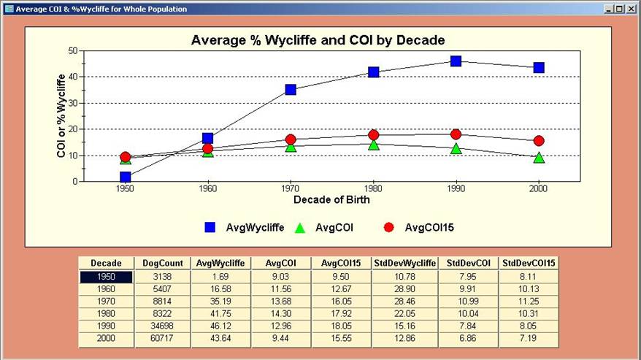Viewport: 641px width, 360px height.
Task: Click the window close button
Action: point(632,9)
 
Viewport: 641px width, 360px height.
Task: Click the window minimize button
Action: point(609,9)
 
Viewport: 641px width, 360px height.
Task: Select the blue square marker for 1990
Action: point(456,61)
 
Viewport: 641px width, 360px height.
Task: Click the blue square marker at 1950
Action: point(126,177)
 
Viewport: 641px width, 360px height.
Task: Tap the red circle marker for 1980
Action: point(373,135)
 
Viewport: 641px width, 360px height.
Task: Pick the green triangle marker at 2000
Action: point(539,157)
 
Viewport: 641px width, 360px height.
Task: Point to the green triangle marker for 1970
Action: point(291,146)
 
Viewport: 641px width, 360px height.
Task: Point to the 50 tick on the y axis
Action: point(72,50)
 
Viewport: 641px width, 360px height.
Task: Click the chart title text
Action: point(318,40)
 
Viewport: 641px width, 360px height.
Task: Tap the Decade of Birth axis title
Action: point(331,200)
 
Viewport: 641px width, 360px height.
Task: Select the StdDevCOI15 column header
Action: point(529,263)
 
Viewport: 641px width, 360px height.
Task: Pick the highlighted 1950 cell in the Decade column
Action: point(107,277)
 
